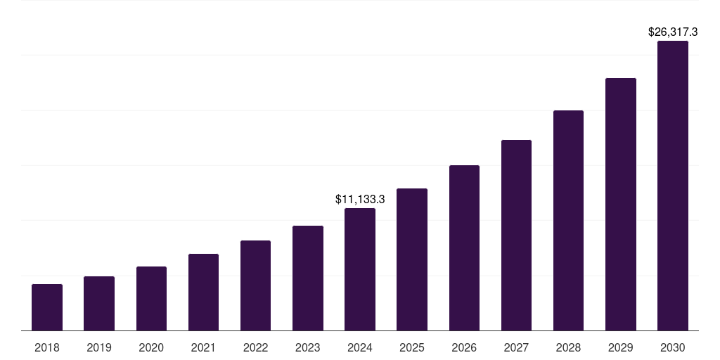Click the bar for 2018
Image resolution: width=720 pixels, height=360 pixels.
click(47, 307)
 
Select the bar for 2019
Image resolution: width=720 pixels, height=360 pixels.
click(99, 304)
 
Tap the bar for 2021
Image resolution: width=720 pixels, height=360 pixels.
click(203, 292)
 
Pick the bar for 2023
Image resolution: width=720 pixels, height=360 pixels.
click(308, 278)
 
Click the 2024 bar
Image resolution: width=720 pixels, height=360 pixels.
click(360, 269)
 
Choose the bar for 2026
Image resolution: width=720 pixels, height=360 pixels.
click(464, 248)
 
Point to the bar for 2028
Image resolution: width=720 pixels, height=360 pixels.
click(568, 221)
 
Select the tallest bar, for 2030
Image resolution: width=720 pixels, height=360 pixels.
click(673, 186)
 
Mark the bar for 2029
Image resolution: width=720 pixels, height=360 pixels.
click(621, 205)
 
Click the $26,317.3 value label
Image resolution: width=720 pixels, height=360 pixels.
click(672, 32)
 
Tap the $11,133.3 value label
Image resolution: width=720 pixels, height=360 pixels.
click(360, 200)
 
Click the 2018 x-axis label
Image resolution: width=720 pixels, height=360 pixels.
click(47, 347)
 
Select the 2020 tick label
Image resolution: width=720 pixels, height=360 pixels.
click(151, 347)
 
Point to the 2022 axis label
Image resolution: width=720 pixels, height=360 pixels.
click(255, 347)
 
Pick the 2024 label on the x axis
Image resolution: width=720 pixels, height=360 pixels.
click(360, 347)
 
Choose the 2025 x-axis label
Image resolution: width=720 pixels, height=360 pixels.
click(412, 347)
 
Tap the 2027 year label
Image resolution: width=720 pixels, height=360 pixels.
click(516, 347)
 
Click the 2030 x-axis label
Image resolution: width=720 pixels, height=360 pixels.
click(673, 347)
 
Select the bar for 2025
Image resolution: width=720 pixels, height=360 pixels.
click(412, 259)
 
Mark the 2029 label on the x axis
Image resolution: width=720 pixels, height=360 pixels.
click(621, 347)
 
